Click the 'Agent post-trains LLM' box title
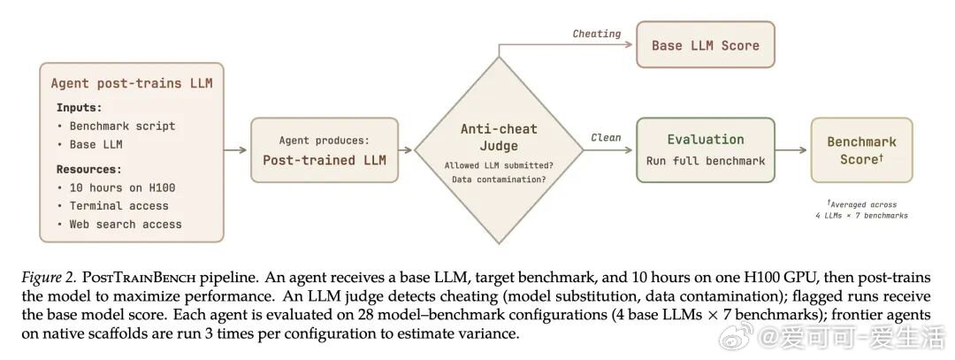point(132,83)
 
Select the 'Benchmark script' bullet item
point(122,126)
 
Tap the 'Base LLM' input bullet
point(95,144)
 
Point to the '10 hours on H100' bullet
point(122,188)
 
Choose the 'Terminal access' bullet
point(118,206)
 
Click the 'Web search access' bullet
point(126,224)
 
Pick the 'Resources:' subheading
point(89,169)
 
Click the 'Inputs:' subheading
point(80,108)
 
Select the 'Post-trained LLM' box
point(325,149)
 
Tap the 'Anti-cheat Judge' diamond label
point(499,137)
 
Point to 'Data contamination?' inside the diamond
point(499,179)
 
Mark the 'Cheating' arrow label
point(596,34)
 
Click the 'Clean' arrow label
point(606,138)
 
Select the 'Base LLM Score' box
point(706,44)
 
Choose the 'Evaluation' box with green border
point(706,149)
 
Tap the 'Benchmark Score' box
point(861,149)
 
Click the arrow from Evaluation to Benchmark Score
point(791,149)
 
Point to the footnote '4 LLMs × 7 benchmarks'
point(861,216)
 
